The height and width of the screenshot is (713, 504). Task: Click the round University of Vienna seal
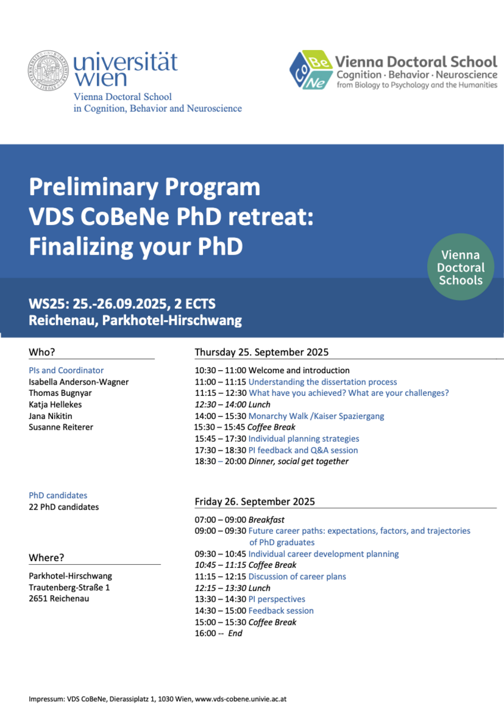[x=48, y=70]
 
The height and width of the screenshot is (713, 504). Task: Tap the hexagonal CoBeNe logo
[x=311, y=70]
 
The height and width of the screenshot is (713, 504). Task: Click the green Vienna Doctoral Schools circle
[x=461, y=267]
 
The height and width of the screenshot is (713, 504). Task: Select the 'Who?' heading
[x=42, y=352]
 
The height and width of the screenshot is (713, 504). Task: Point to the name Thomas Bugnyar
[x=60, y=393]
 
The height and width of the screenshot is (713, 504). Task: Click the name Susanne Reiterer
[x=61, y=427]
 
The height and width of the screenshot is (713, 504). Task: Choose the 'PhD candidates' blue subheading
[x=58, y=495]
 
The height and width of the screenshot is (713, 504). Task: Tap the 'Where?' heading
[x=46, y=558]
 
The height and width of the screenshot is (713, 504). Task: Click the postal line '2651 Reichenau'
[x=59, y=598]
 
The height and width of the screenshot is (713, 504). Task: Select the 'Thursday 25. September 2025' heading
[x=261, y=352]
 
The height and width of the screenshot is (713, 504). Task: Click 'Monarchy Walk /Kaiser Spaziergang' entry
[x=316, y=416]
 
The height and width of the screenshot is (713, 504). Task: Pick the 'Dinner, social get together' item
[x=298, y=461]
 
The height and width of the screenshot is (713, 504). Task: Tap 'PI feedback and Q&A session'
[x=303, y=450]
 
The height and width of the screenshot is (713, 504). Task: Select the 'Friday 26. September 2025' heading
[x=255, y=502]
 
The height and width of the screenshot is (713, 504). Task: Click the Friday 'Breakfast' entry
[x=267, y=520]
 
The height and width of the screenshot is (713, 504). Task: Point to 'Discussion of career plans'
[x=297, y=577]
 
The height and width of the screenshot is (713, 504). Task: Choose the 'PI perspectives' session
[x=276, y=599]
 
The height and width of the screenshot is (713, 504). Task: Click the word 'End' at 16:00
[x=235, y=633]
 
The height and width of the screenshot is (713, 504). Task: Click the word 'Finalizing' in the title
[x=80, y=247]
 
